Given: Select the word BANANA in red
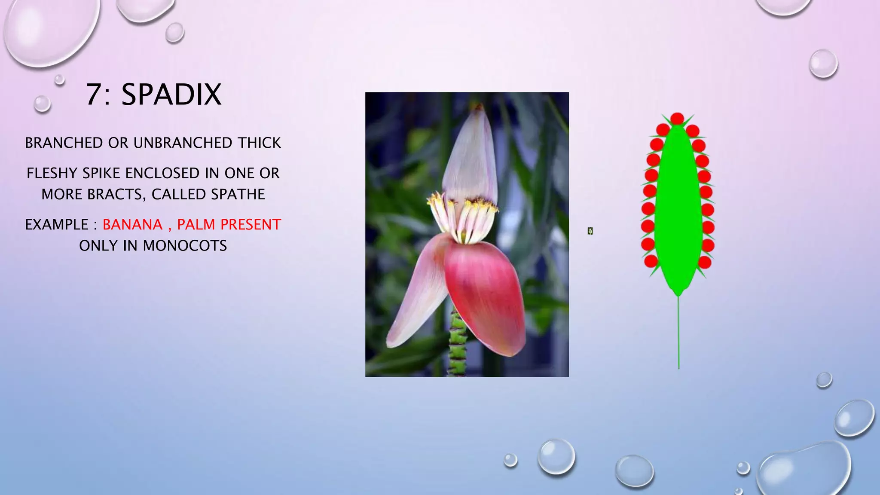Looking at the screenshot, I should coord(132,225).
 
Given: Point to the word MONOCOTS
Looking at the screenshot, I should coord(185,246).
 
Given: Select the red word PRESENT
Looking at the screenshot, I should coord(251,225).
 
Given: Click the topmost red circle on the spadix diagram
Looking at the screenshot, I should coord(677,118).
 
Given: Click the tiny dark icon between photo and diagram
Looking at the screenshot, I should coord(590,231).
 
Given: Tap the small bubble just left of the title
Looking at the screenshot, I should coord(42,104).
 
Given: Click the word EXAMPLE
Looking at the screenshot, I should coord(57,225).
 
